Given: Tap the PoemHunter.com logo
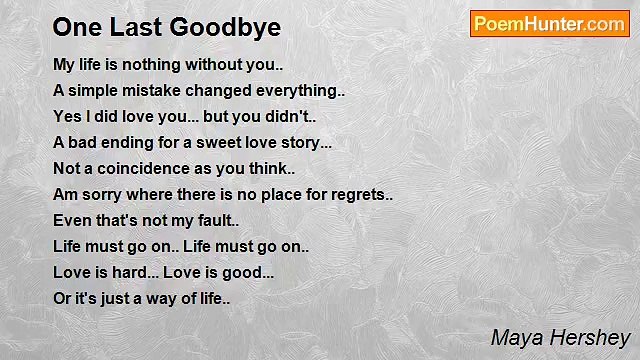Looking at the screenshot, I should coord(549,24).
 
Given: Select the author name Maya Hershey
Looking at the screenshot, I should coord(560,337).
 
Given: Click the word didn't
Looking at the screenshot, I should coord(289,116).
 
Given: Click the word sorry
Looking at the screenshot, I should coord(103,194).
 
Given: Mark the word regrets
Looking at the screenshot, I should coord(355,194).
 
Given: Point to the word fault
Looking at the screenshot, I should coord(208,220).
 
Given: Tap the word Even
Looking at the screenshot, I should coord(71,220).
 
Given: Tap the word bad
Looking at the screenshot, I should coord(85,142).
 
